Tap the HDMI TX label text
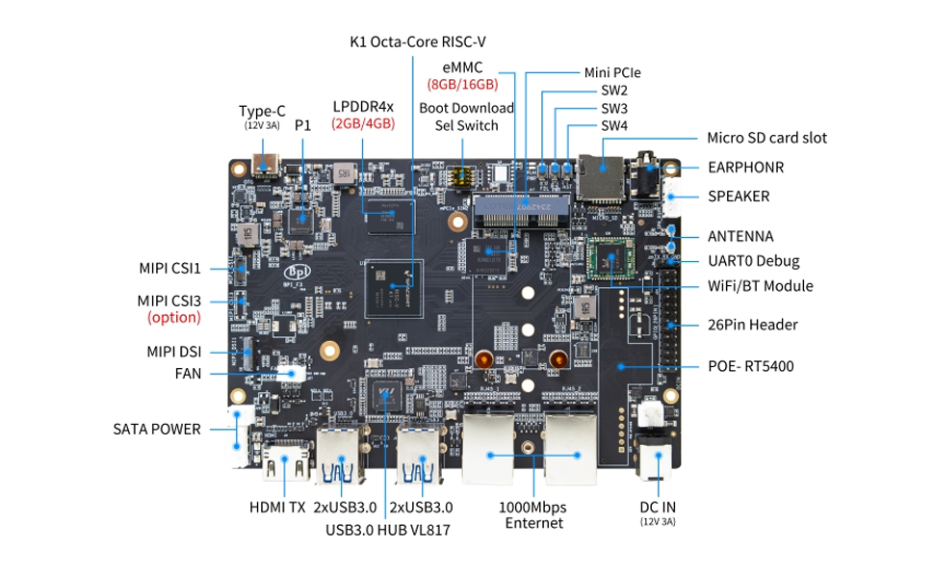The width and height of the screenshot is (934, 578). click(277, 507)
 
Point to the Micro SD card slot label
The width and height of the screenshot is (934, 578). click(766, 138)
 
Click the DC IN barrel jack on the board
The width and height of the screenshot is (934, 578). click(657, 461)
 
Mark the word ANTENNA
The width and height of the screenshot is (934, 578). click(740, 235)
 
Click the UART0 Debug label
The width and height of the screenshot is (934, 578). click(753, 260)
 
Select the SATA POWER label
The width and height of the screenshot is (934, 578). click(156, 429)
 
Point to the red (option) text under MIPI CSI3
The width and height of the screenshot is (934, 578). click(173, 317)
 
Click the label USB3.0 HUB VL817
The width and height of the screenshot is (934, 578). click(387, 529)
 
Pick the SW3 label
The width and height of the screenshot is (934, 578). click(614, 108)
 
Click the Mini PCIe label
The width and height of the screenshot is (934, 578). click(612, 72)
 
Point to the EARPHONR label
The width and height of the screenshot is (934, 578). click(745, 167)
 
